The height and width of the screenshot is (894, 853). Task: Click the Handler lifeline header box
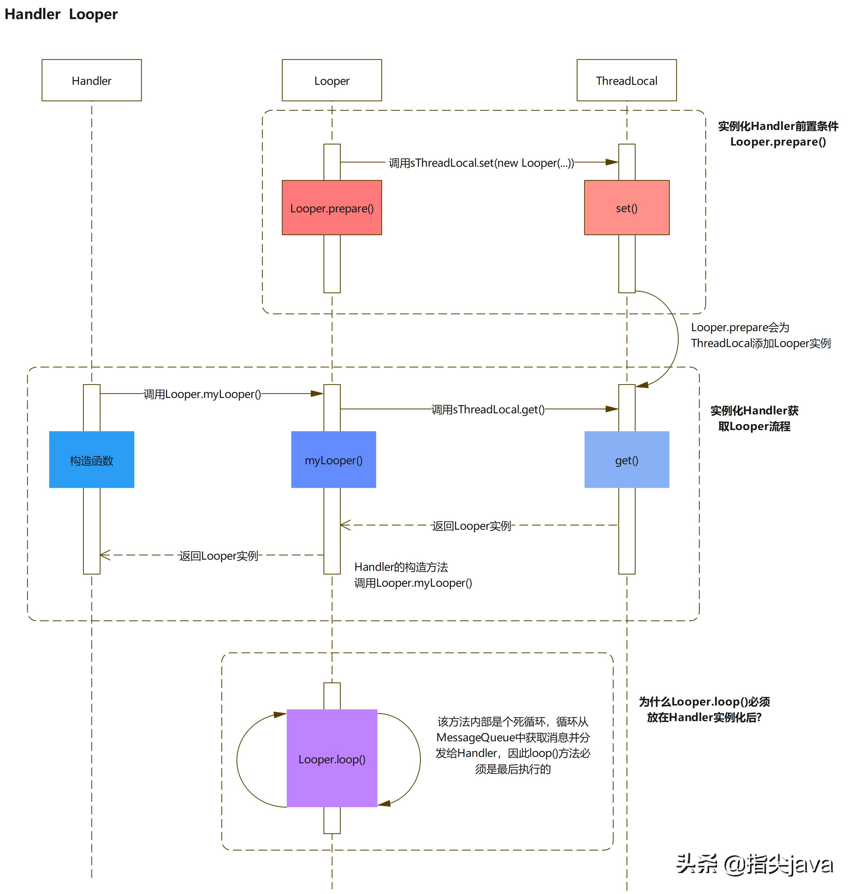[91, 80]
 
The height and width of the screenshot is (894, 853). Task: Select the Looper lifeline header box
[331, 80]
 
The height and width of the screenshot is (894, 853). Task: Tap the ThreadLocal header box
[626, 80]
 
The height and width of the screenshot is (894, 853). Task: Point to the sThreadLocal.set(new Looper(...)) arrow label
[481, 162]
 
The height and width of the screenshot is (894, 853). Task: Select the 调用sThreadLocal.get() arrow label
[487, 409]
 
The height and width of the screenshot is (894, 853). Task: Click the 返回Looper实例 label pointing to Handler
[218, 555]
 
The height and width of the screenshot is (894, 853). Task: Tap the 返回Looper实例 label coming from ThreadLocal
[471, 525]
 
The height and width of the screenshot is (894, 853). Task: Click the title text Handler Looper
[61, 14]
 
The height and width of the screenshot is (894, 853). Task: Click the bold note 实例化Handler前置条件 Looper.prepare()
[777, 134]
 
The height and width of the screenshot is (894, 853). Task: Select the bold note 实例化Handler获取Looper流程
[754, 418]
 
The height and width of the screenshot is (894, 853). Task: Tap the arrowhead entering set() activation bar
[612, 162]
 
